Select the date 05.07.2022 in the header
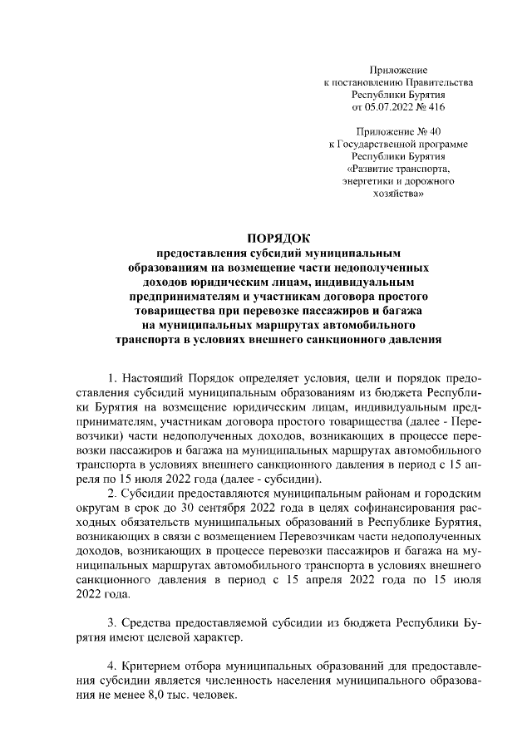[390, 107]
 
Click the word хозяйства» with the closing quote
[398, 193]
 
